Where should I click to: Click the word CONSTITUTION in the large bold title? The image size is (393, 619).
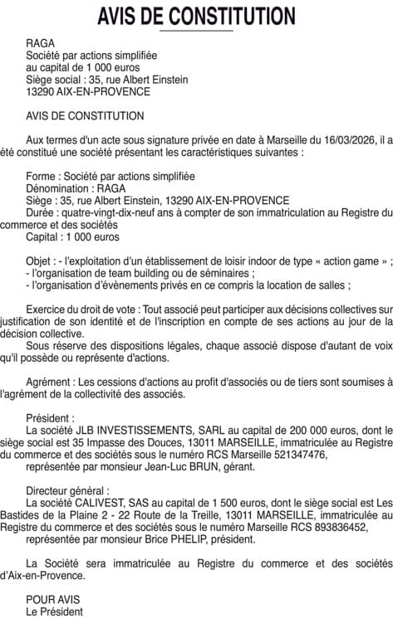232,16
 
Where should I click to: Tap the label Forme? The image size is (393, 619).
42,177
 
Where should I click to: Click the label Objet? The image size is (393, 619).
41,261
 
